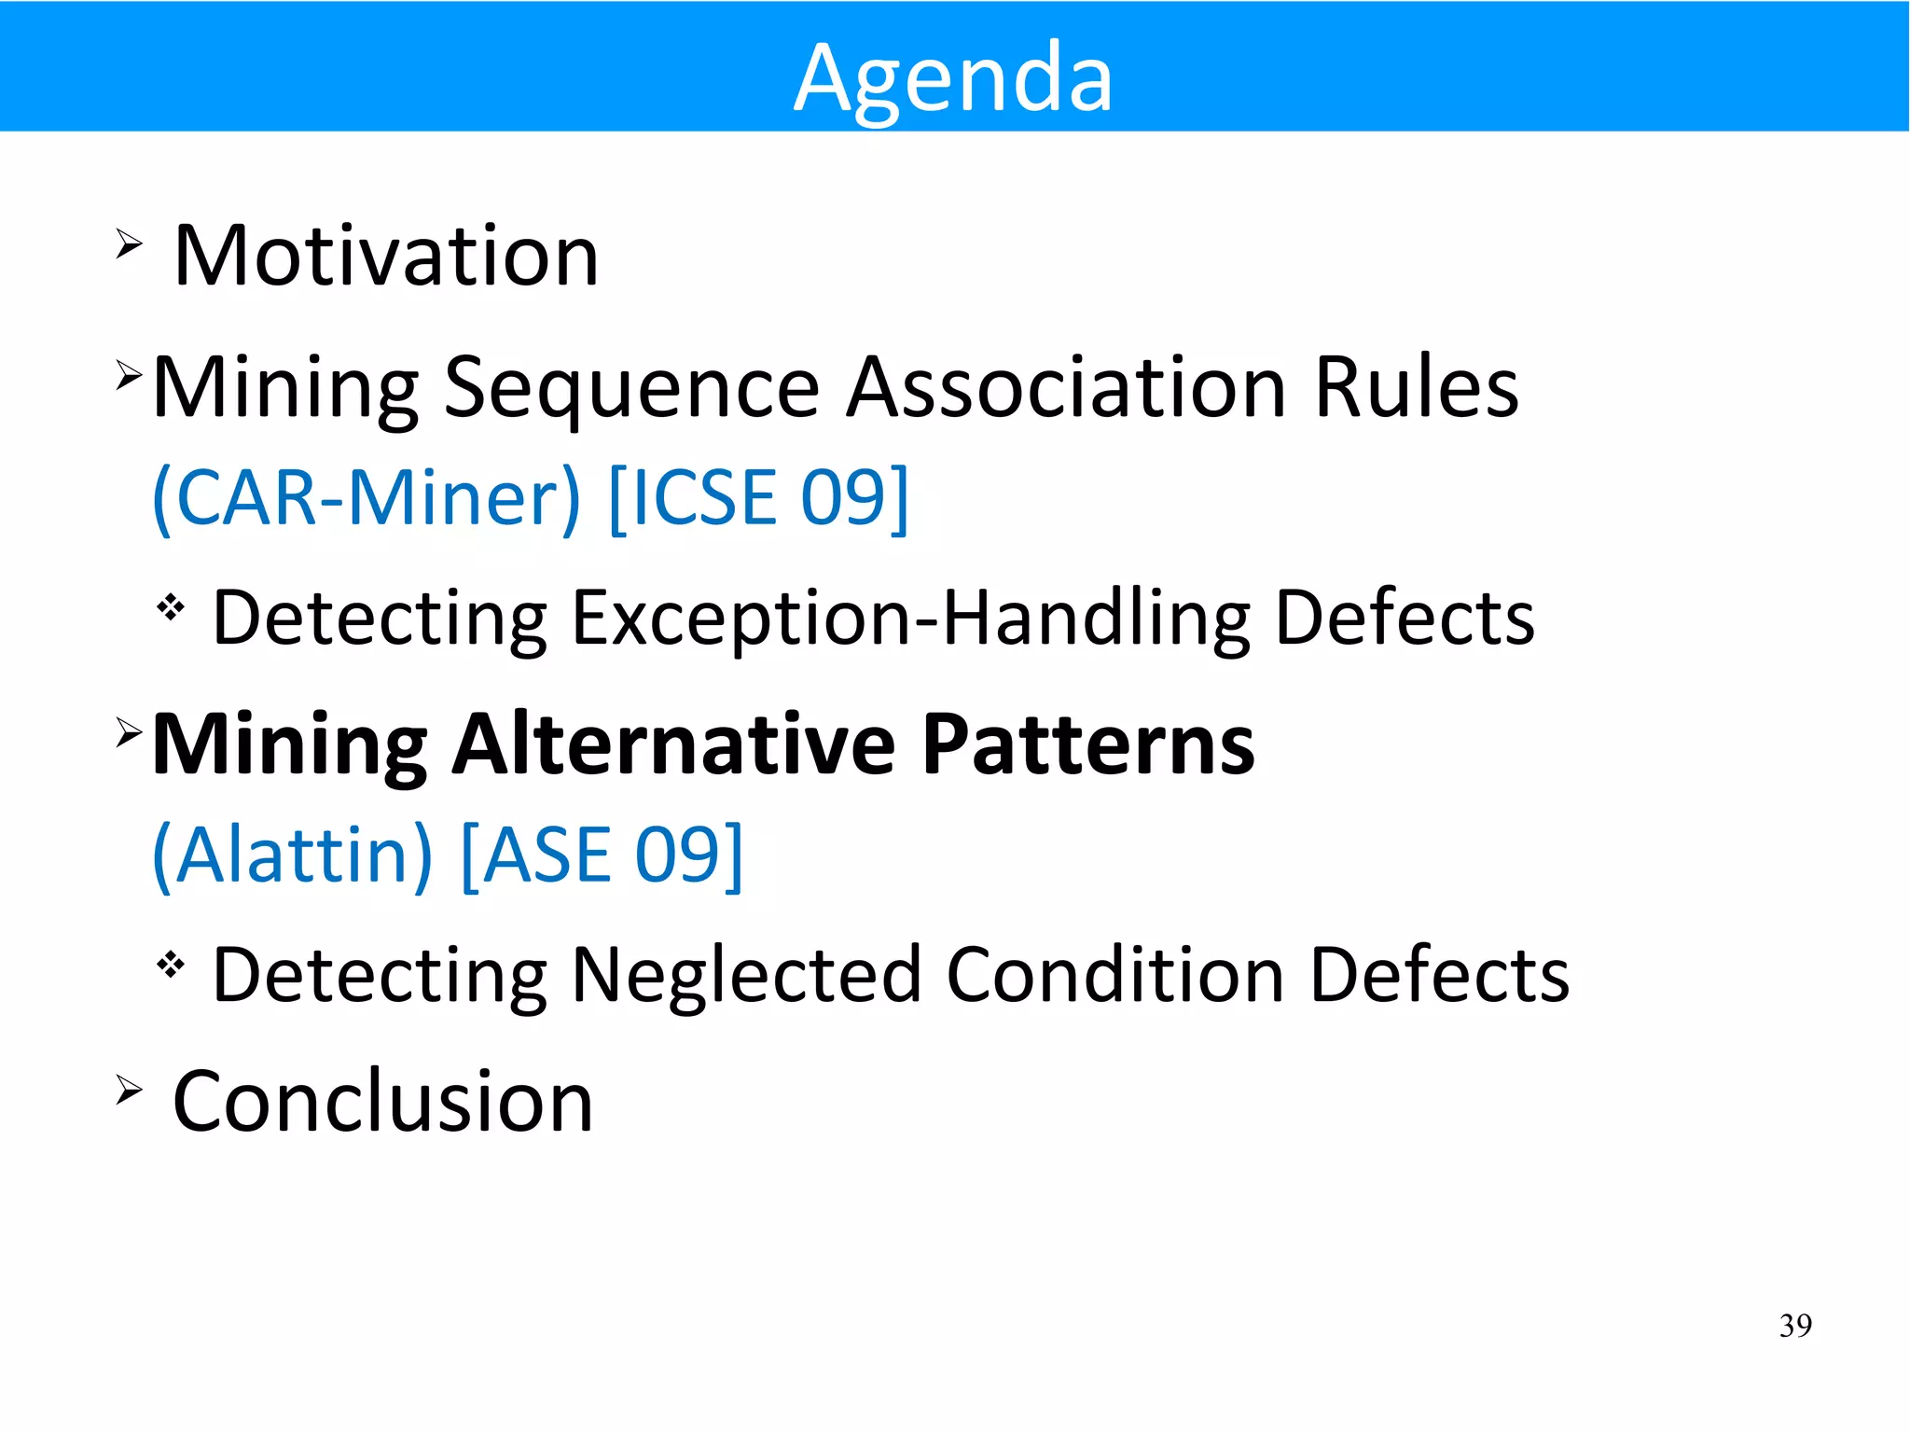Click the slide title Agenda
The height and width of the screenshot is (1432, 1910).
pos(953,78)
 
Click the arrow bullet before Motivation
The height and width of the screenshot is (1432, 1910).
pos(129,244)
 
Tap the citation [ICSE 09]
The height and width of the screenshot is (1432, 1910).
pos(757,498)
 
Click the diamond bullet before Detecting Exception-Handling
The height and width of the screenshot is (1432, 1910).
pos(171,608)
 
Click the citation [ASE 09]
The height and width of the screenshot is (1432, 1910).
pos(602,855)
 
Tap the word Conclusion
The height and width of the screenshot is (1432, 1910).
pos(382,1102)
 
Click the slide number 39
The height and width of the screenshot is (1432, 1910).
pos(1795,1326)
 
